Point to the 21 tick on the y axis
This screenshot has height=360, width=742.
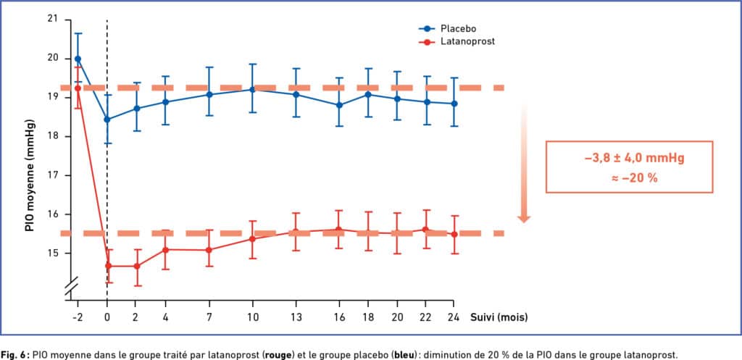pyautogui.click(x=51, y=19)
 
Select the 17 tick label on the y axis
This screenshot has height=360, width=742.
pyautogui.click(x=51, y=175)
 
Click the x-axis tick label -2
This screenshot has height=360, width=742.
pyautogui.click(x=78, y=317)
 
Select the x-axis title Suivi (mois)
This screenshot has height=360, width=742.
pyautogui.click(x=499, y=317)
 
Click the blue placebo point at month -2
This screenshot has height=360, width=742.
pyautogui.click(x=78, y=59)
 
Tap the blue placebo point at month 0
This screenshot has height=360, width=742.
pyautogui.click(x=108, y=120)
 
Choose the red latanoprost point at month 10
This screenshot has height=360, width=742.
pyautogui.click(x=252, y=239)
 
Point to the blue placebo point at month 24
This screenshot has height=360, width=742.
pyautogui.click(x=454, y=104)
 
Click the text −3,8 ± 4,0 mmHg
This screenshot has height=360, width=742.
pyautogui.click(x=629, y=157)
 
